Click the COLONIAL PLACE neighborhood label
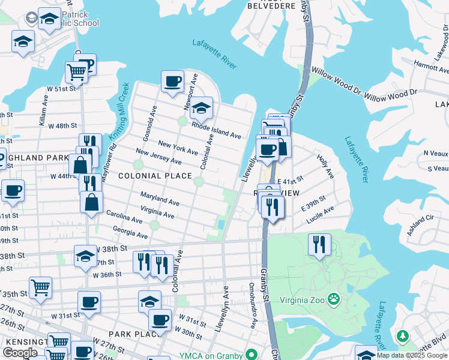[155, 176]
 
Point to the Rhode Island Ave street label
[216, 127]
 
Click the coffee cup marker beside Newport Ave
[172, 81]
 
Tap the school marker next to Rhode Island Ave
[201, 108]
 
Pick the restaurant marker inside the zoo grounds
[319, 244]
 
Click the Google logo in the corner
[20, 352]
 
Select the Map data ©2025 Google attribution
[412, 355]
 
